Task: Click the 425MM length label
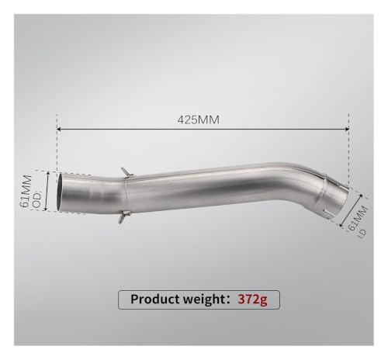199,119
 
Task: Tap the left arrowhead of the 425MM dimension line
58,129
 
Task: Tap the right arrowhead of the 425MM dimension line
347,129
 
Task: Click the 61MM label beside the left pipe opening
26,192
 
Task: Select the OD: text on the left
36,199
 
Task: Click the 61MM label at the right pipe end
358,218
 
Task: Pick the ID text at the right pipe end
362,234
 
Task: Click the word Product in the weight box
155,299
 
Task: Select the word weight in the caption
203,299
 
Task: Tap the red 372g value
252,299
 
